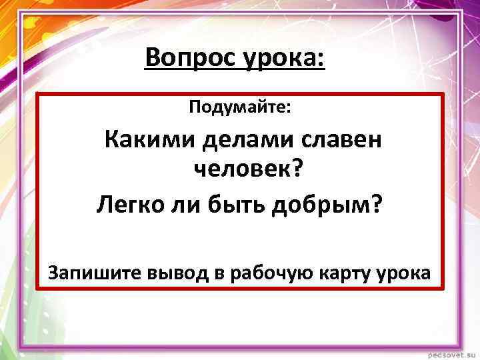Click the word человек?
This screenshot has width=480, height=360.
[247, 171]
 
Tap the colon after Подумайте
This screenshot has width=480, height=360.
[288, 108]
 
